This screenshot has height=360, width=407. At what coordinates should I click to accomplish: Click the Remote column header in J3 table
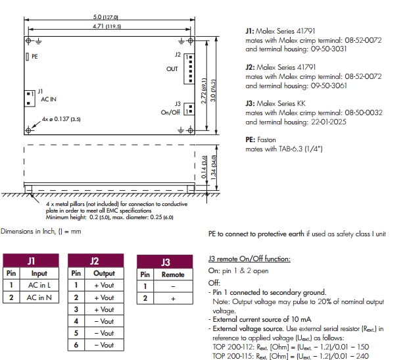(x=174, y=274)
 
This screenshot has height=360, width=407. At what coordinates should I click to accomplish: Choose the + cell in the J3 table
(x=174, y=298)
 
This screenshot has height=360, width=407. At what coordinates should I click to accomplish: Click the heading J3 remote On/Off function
(x=248, y=259)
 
